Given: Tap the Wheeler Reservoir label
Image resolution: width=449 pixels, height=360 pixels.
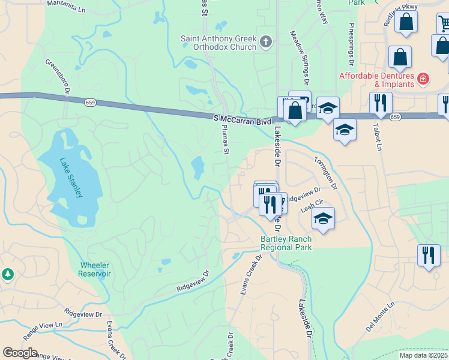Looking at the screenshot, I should (95, 269).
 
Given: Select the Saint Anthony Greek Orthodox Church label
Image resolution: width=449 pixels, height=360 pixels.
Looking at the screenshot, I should (218, 43).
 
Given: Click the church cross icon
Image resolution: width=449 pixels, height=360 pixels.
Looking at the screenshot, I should (266, 42).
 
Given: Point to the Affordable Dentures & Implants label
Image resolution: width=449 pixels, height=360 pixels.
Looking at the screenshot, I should (377, 80).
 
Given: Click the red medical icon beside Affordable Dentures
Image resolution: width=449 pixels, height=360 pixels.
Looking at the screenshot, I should (423, 78).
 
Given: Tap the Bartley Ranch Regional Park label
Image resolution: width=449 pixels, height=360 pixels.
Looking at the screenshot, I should (286, 243).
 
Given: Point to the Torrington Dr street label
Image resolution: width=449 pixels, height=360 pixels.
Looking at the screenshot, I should (327, 173).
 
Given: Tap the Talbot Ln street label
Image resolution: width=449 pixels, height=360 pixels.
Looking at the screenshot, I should (378, 137).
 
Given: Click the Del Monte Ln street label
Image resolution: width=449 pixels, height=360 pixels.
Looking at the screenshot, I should (381, 317).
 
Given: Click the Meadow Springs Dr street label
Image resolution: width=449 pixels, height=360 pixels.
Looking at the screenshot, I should (300, 58).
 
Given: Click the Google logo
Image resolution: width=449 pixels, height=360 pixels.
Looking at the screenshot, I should (20, 353).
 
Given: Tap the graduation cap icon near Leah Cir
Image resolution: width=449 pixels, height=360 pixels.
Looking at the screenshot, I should (323, 218).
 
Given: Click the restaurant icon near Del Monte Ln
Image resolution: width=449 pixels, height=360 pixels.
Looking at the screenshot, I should (429, 254).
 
